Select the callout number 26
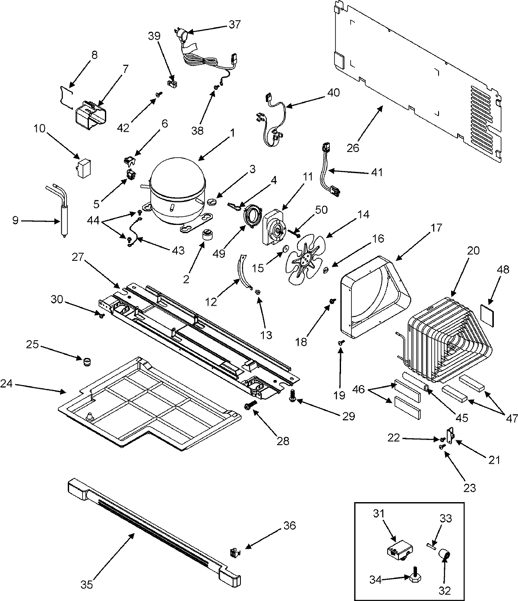353,148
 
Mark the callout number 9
15,221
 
